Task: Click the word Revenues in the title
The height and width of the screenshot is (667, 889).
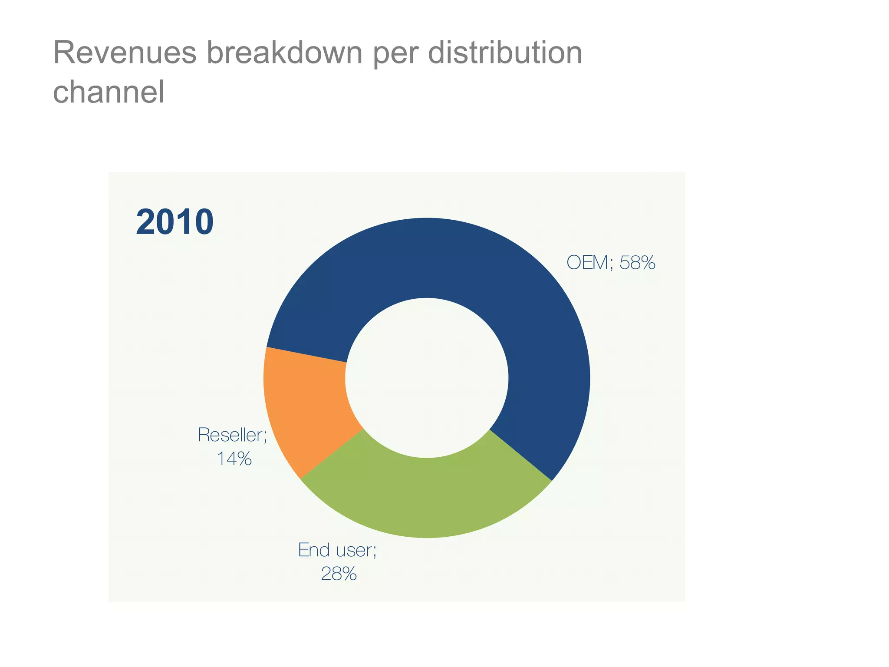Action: pyautogui.click(x=125, y=53)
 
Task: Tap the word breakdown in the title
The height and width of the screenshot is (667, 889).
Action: pyautogui.click(x=284, y=53)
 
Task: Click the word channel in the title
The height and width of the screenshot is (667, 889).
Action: pyautogui.click(x=109, y=92)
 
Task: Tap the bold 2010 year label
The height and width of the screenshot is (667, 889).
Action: pyautogui.click(x=175, y=222)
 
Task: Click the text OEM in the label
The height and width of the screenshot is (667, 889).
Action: pyautogui.click(x=588, y=263)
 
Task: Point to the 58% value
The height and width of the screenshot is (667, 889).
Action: pyautogui.click(x=637, y=263)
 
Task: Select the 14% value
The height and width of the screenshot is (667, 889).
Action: pyautogui.click(x=234, y=459)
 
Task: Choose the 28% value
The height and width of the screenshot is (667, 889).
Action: pyautogui.click(x=339, y=574)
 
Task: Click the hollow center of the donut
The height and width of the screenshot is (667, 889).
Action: pyautogui.click(x=427, y=378)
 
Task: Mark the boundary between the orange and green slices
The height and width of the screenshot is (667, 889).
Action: pyautogui.click(x=332, y=454)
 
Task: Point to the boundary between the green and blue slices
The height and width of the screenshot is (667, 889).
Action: pyautogui.click(x=521, y=455)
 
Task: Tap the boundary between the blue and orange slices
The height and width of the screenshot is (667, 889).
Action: pyautogui.click(x=306, y=355)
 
